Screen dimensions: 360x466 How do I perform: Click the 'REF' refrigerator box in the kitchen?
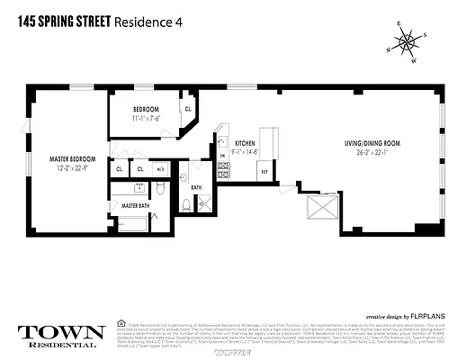coord(264,171)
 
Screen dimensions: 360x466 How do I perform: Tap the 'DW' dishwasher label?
coord(222,156)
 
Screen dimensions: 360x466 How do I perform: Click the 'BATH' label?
coord(196,187)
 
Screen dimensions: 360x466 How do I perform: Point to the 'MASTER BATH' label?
coord(135,206)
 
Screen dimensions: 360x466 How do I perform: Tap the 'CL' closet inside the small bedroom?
coord(188,110)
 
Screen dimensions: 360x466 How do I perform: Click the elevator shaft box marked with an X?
coord(321,209)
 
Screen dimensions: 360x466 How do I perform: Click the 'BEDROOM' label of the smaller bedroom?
coord(146,109)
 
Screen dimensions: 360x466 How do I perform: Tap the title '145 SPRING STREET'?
coord(59,24)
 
